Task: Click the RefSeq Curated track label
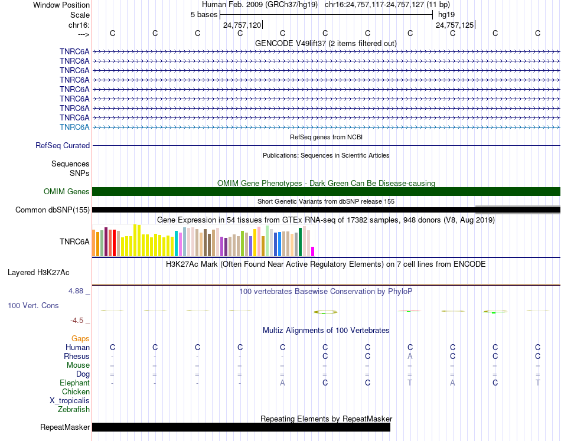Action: click(63, 146)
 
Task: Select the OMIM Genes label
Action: click(67, 192)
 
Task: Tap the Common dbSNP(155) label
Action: click(53, 210)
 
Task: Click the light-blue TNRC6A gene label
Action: click(74, 127)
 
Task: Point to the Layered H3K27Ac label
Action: click(38, 273)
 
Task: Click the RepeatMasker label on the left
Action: click(65, 427)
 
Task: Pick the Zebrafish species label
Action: click(74, 409)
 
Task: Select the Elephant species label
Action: click(74, 383)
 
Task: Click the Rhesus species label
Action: click(77, 356)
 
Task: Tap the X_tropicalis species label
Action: click(70, 401)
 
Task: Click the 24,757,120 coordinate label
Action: click(242, 25)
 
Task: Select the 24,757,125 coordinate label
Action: click(455, 25)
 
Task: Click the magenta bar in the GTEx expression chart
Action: click(313, 251)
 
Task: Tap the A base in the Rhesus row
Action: click(410, 356)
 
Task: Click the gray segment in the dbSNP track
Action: click(518, 210)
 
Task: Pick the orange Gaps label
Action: click(80, 338)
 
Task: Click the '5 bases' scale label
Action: click(204, 15)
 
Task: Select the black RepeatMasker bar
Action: click(241, 427)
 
